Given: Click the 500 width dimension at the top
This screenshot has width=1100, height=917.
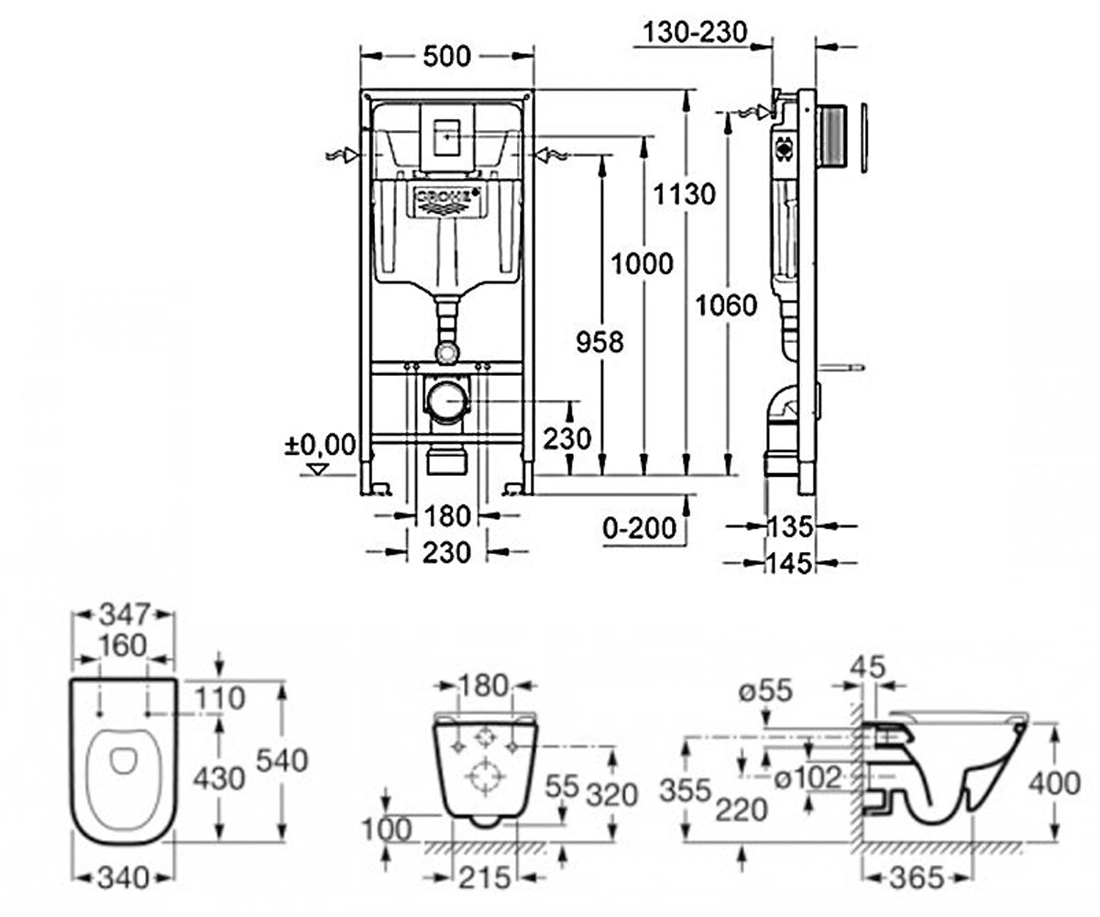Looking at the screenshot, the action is (446, 56).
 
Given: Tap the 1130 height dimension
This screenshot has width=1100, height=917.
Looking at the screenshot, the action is (685, 193).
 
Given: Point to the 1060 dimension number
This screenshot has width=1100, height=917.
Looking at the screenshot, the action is (727, 304).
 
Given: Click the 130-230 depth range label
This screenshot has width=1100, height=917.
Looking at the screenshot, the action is (695, 32).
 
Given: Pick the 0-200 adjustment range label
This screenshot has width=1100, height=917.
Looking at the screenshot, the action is (640, 527).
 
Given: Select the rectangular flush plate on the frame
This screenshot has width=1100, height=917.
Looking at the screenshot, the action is (447, 138).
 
